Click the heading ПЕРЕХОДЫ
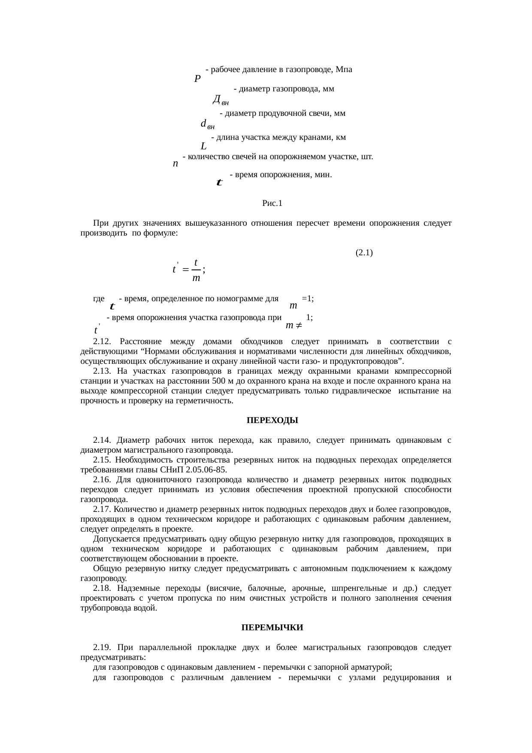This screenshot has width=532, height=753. (x=272, y=420)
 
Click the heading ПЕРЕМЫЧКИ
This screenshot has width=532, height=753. (x=272, y=627)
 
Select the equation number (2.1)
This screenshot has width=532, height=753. (x=364, y=253)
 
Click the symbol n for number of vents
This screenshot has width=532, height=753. (x=175, y=164)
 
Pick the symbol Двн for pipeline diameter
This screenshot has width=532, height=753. (x=221, y=100)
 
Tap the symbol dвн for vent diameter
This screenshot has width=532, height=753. (x=208, y=124)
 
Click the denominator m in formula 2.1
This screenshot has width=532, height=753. (x=196, y=278)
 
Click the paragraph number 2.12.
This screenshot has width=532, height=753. (x=102, y=342)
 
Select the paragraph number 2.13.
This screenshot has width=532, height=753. (x=102, y=371)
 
